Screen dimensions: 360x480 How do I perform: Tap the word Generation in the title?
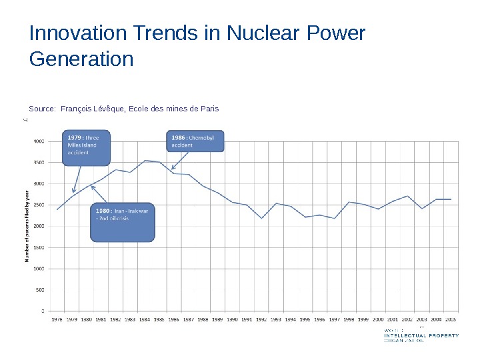pyautogui.click(x=81, y=59)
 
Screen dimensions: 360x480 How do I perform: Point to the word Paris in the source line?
pyautogui.click(x=207, y=109)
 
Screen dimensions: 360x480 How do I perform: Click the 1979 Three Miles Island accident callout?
pyautogui.click(x=87, y=147)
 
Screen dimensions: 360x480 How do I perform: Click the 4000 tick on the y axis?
pyautogui.click(x=39, y=141)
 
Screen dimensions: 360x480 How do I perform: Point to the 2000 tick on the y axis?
pyautogui.click(x=39, y=226)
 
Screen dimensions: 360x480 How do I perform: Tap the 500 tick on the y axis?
pyautogui.click(x=40, y=289)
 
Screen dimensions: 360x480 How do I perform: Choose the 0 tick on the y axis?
pyautogui.click(x=43, y=311)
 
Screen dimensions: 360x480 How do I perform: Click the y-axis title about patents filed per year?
pyautogui.click(x=27, y=225)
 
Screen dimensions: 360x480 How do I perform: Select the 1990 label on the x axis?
pyautogui.click(x=233, y=319)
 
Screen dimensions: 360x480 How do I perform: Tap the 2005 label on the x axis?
pyautogui.click(x=451, y=319)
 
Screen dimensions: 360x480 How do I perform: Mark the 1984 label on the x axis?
pyautogui.click(x=145, y=319)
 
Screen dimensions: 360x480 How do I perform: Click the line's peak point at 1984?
pyautogui.click(x=145, y=160)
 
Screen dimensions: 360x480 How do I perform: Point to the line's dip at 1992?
pyautogui.click(x=261, y=218)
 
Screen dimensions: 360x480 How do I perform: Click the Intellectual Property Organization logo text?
pyautogui.click(x=421, y=335)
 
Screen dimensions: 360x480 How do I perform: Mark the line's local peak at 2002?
pyautogui.click(x=407, y=196)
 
